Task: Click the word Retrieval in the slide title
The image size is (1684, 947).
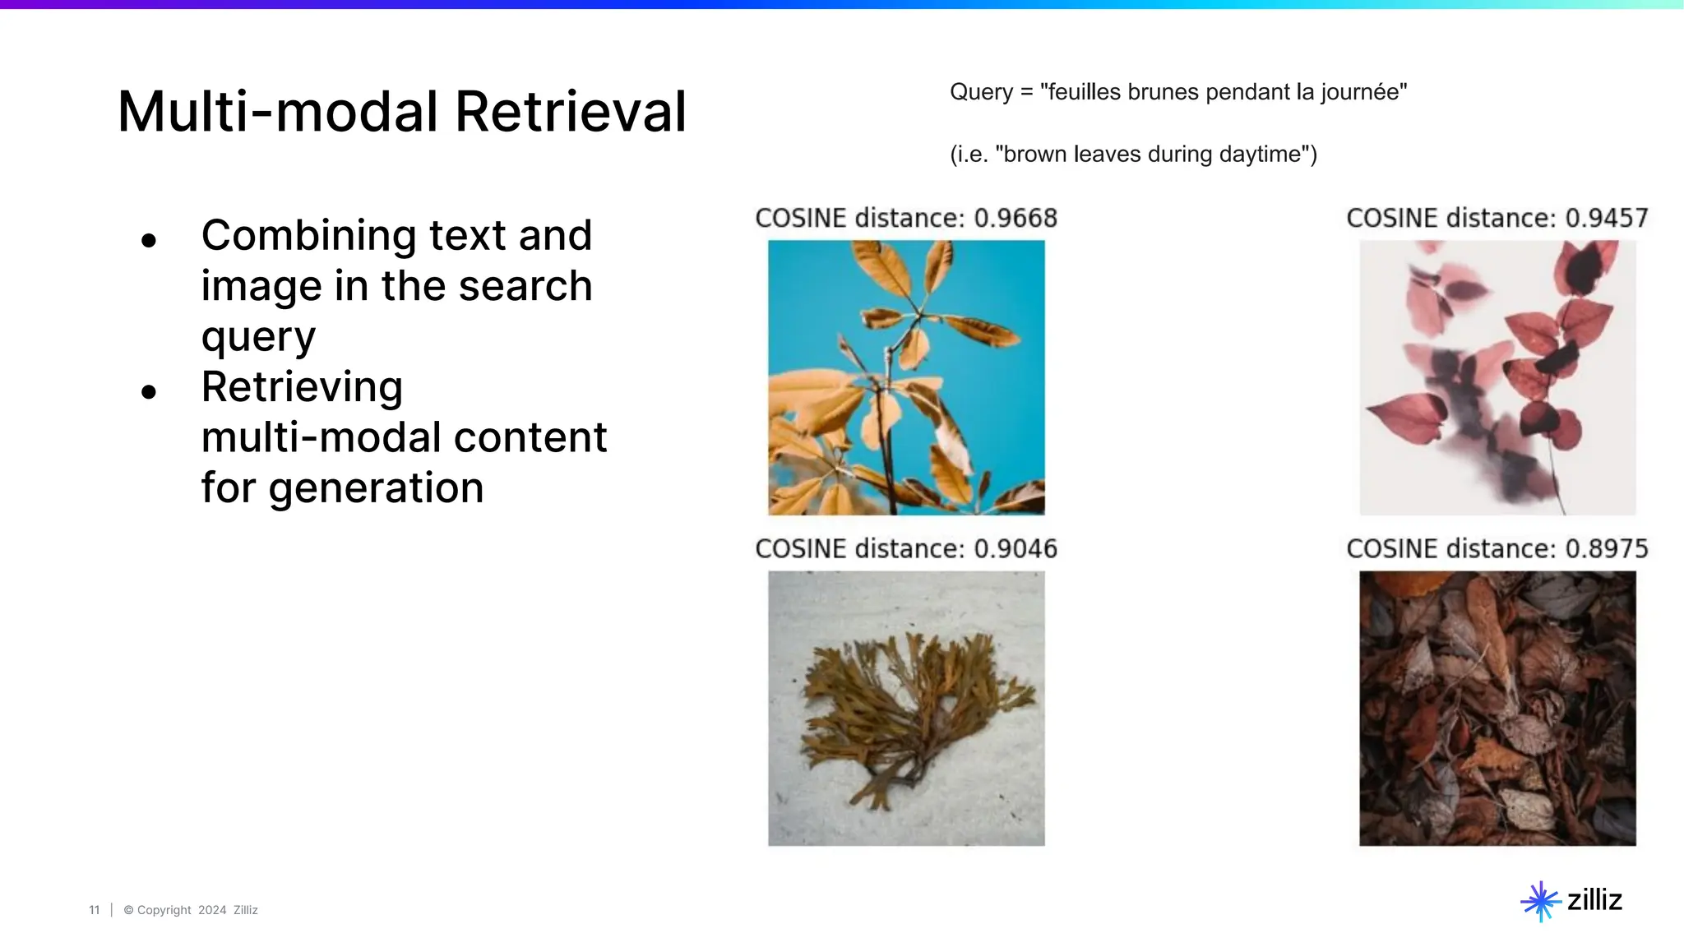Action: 570,112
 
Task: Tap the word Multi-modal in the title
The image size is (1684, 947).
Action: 278,112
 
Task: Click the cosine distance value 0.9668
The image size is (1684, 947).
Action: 1015,218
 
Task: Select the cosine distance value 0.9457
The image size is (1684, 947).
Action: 1607,218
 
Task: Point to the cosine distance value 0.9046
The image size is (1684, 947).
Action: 1015,548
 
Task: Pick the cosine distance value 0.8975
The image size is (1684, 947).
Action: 1607,548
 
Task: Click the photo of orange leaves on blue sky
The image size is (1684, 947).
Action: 906,377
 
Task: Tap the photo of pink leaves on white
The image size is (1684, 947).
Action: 1497,377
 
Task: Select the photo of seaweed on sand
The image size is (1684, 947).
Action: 906,708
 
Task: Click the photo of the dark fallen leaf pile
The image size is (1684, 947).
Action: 1497,708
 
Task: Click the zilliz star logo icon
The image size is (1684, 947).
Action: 1540,901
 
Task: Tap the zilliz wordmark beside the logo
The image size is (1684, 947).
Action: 1594,900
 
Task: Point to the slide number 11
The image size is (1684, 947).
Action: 94,910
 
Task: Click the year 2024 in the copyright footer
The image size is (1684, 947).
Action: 212,910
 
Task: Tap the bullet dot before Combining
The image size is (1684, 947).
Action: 149,241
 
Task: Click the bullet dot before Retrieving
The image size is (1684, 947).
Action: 149,392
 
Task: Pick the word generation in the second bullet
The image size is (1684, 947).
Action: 376,488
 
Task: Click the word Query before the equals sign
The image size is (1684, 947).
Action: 981,92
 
